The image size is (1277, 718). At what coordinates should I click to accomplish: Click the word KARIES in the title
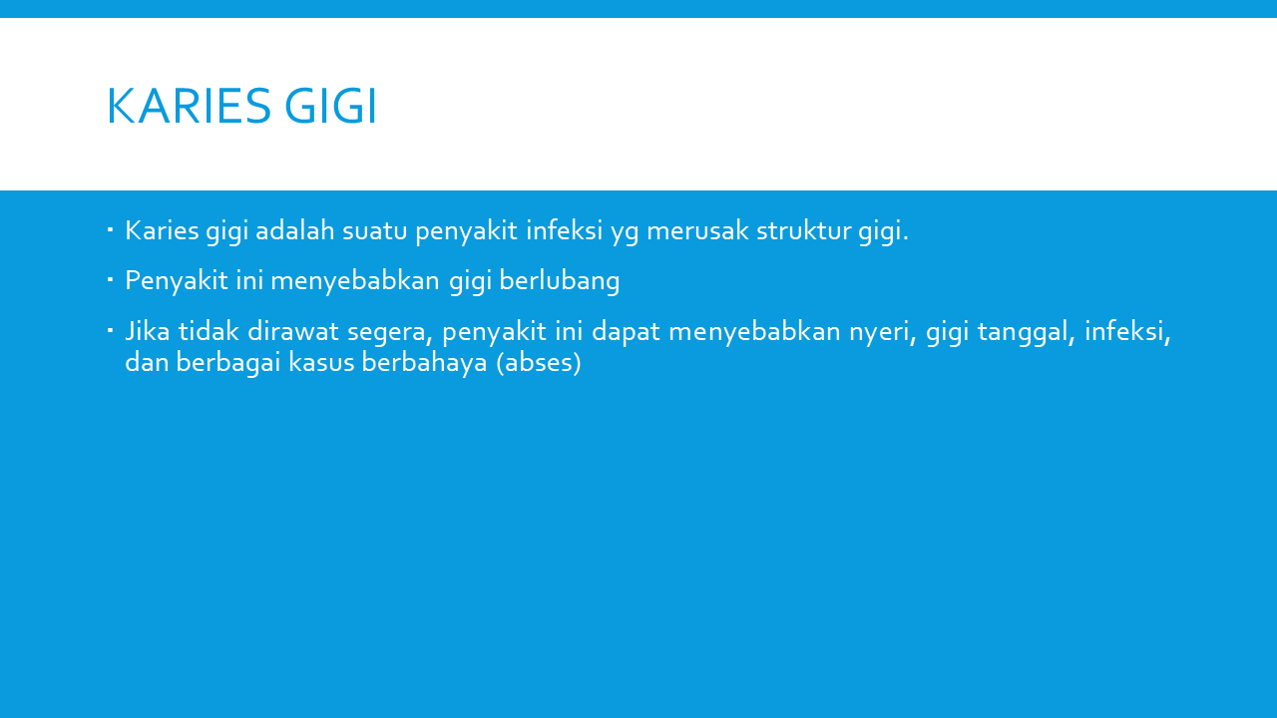(189, 106)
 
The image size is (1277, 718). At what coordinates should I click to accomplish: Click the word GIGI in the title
(330, 106)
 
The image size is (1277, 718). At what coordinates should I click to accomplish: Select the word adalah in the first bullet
(294, 230)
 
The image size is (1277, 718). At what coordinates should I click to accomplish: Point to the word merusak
(697, 230)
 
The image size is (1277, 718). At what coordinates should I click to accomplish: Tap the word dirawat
(293, 331)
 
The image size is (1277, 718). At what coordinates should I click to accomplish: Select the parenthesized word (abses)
(539, 363)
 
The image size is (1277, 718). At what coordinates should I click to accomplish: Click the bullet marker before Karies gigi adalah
(110, 230)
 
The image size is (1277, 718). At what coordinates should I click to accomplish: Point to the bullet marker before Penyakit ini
(110, 280)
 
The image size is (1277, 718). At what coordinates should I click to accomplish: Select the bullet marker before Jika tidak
(110, 330)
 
